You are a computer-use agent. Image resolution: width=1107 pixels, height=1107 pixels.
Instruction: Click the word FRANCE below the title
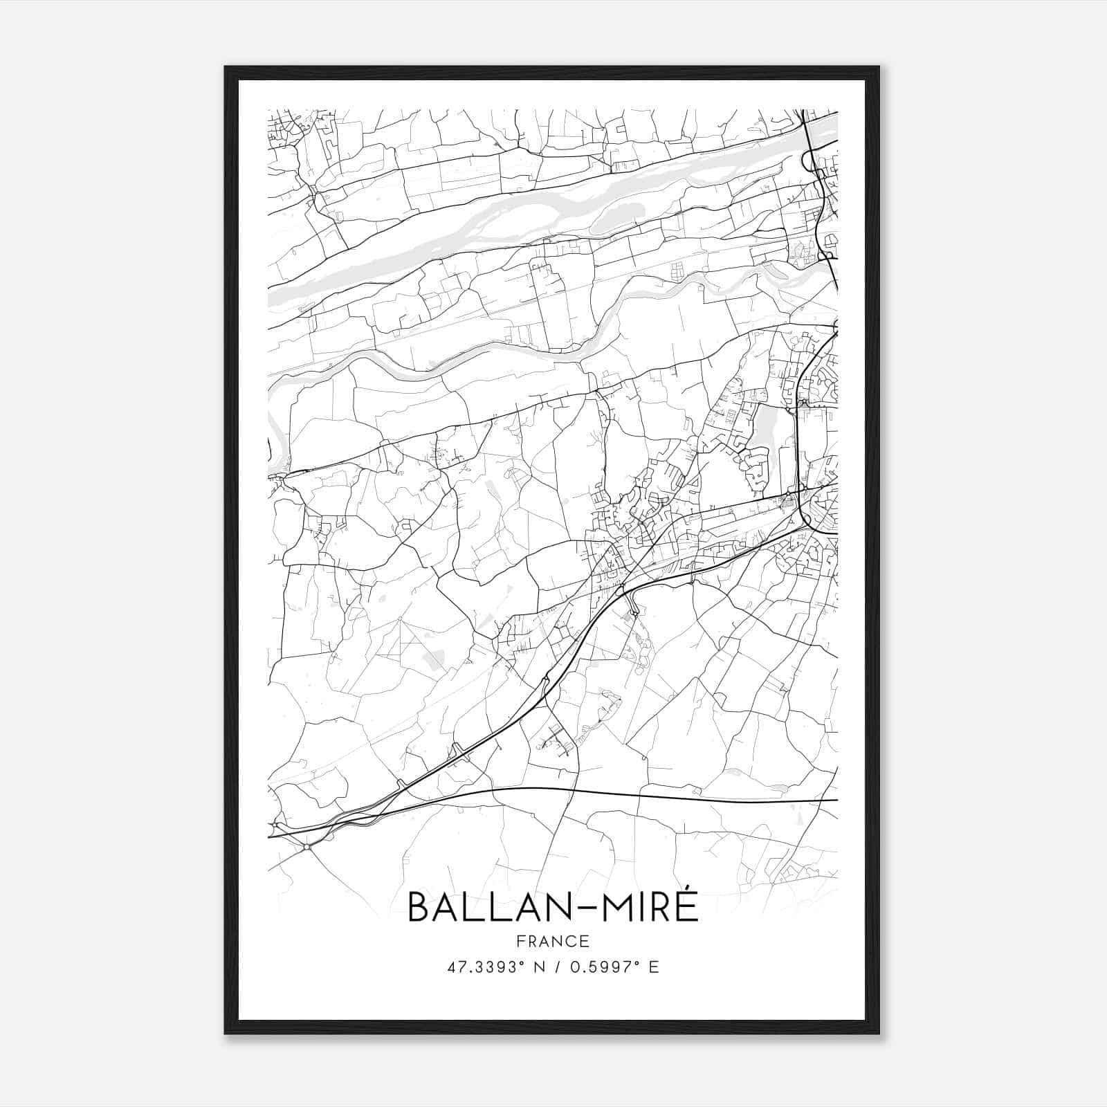[553, 941]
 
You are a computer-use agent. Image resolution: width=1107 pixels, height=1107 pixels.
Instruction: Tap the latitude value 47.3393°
[479, 967]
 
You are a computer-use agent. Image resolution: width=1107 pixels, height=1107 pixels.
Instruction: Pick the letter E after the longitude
[654, 967]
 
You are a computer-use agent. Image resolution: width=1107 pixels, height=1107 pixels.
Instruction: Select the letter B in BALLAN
[419, 907]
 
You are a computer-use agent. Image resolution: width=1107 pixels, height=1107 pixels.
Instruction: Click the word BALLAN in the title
[488, 907]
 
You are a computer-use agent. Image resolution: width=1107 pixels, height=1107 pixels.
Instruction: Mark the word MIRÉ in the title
[646, 907]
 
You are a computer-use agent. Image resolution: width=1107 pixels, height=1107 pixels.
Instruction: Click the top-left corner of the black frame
[226, 67]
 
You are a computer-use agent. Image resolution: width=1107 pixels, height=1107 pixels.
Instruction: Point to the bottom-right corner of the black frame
[879, 1033]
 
